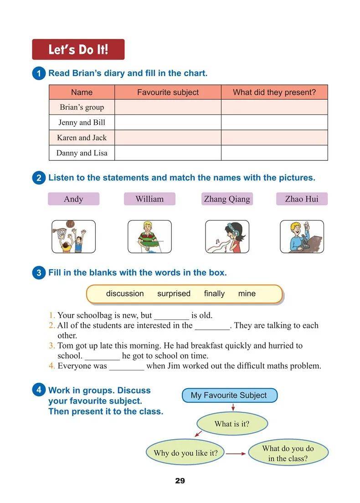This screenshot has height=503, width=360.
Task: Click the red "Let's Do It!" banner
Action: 78,49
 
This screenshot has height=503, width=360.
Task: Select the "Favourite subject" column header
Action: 168,92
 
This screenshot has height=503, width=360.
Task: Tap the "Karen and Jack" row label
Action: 82,138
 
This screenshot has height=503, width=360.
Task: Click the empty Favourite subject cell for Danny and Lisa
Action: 168,153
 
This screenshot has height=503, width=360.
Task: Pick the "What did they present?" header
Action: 274,92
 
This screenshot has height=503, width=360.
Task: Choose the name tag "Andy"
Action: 73,199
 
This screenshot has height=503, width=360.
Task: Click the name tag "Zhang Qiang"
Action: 226,199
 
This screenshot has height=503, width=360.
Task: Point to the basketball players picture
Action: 73,236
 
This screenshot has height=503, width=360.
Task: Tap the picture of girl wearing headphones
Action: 227,236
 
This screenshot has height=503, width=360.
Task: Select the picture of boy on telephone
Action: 302,236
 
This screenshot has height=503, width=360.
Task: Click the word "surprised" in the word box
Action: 174,294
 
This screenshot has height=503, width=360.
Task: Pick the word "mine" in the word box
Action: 247,294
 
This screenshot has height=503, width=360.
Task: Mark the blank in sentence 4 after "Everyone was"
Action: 126,366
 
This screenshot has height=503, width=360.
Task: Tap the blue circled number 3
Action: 39,273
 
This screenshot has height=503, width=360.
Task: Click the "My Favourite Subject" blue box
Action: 229,395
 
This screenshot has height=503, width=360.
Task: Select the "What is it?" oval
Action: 232,424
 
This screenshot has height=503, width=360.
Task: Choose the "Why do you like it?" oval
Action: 185,453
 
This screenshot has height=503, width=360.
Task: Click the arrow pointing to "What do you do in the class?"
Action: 236,453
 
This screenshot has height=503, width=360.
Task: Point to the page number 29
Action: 180,481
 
